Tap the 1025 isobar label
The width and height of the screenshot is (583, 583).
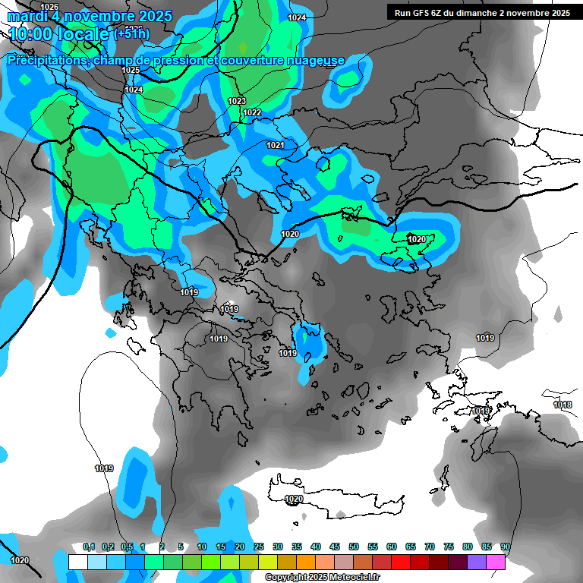(131, 71)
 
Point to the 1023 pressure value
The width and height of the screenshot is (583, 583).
(237, 101)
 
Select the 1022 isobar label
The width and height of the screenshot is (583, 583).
(252, 113)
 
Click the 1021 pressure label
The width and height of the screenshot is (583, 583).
(275, 145)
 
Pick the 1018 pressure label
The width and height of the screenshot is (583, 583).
(563, 405)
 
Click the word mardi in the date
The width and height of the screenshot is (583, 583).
(27, 16)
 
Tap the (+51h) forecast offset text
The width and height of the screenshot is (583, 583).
(132, 34)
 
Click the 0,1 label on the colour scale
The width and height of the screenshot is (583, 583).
(89, 547)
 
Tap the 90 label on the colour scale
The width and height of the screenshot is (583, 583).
(505, 547)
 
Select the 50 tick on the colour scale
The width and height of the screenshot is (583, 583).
(354, 547)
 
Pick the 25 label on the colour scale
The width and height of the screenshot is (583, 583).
(259, 547)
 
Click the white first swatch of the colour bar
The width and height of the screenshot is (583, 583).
(77, 562)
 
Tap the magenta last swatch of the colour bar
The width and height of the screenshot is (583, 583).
(496, 562)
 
